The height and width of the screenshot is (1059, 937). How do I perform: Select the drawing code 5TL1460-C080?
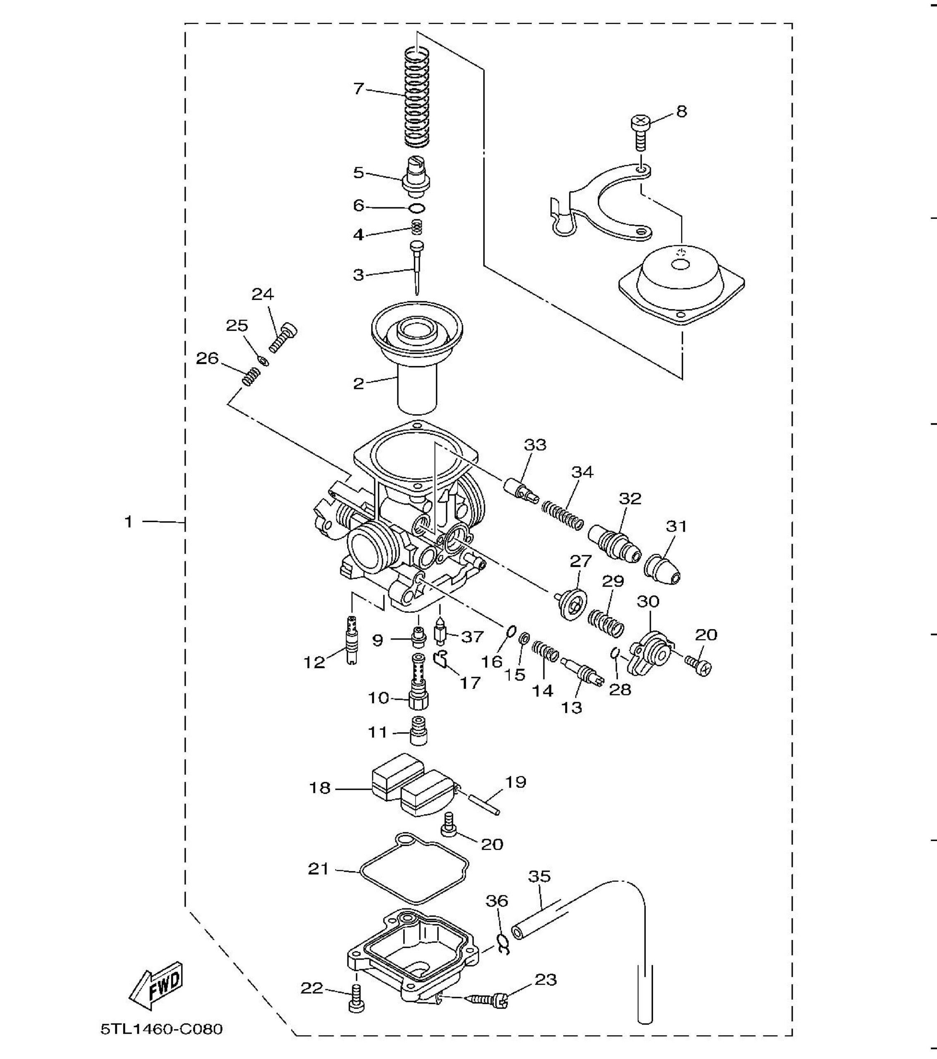point(162,1028)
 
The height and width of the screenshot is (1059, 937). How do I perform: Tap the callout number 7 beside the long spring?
point(359,89)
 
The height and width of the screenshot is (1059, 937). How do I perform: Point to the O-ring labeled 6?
point(417,208)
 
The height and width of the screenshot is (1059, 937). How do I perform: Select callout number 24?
point(263,294)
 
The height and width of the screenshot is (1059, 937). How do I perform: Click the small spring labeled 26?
point(251,376)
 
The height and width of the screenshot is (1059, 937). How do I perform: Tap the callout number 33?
point(535,445)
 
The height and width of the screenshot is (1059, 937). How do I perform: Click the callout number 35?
point(539,876)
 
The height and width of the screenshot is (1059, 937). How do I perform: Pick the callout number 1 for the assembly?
point(129,521)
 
